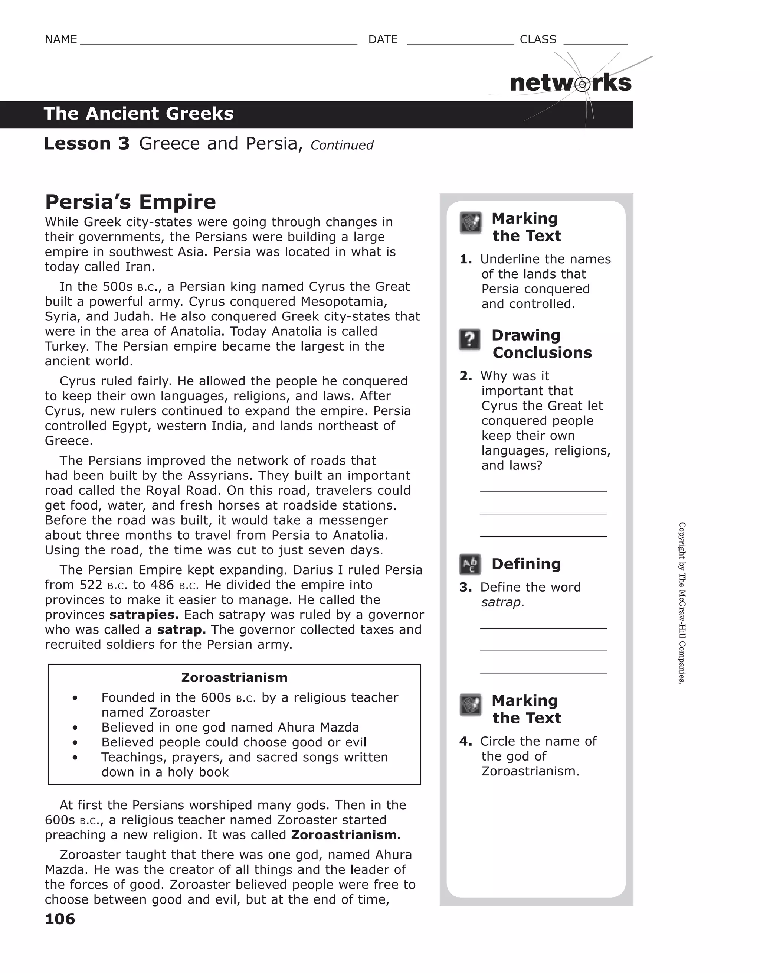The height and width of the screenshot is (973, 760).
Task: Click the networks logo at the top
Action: (x=570, y=83)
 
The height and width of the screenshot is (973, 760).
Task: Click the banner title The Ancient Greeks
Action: (x=138, y=114)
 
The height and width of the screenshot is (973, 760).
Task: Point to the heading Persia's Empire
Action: (x=131, y=202)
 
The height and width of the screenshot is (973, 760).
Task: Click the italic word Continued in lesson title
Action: (x=341, y=145)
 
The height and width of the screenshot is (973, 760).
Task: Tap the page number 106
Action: (x=60, y=919)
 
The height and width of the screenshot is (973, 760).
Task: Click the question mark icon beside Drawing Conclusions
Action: (x=469, y=339)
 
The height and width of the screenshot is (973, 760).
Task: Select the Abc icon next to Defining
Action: (x=470, y=565)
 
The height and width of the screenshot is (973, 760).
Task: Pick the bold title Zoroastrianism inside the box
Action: (x=234, y=678)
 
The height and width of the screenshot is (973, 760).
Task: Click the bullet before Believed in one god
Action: (x=75, y=728)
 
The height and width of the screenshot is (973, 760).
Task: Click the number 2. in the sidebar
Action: (x=466, y=376)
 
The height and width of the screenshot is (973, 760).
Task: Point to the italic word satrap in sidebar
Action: (x=501, y=602)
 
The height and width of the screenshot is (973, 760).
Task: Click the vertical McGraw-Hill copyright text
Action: (x=682, y=603)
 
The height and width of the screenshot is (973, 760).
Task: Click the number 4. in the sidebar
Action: (x=466, y=741)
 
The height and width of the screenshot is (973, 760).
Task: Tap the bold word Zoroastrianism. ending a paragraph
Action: (x=346, y=835)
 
